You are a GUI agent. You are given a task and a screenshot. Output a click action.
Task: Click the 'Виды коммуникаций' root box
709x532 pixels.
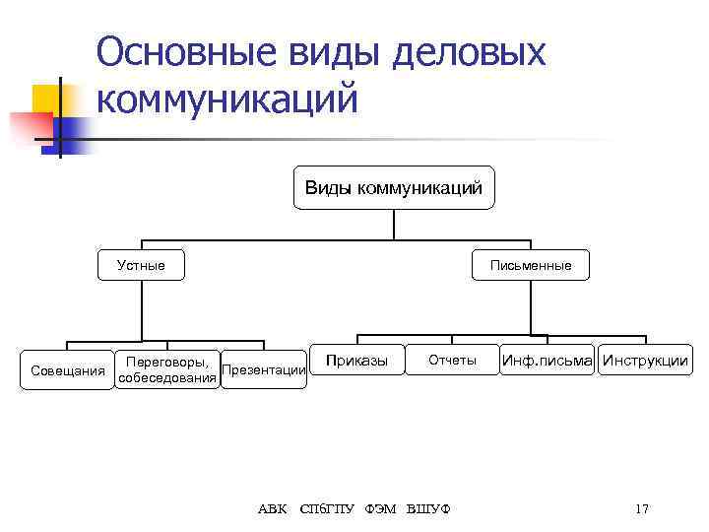tap(394, 187)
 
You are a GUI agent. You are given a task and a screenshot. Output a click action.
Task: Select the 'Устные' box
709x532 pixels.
tap(142, 265)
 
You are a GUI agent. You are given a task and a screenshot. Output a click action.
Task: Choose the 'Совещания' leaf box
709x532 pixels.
tap(68, 370)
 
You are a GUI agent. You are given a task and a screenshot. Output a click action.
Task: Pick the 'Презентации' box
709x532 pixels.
tap(263, 370)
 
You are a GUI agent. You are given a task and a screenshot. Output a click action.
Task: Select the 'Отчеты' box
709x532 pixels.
tap(452, 361)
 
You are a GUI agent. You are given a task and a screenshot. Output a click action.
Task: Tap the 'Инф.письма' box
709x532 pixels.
tap(547, 361)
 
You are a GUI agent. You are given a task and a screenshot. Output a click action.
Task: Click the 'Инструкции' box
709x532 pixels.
tap(646, 361)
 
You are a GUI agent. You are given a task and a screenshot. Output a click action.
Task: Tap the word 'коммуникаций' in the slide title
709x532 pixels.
tap(226, 99)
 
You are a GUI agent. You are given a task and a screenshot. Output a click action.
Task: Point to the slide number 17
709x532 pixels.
tap(642, 509)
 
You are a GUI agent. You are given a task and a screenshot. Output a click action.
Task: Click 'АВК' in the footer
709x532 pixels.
tap(273, 509)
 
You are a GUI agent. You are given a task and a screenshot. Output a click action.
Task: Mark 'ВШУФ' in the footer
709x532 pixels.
tap(428, 509)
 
